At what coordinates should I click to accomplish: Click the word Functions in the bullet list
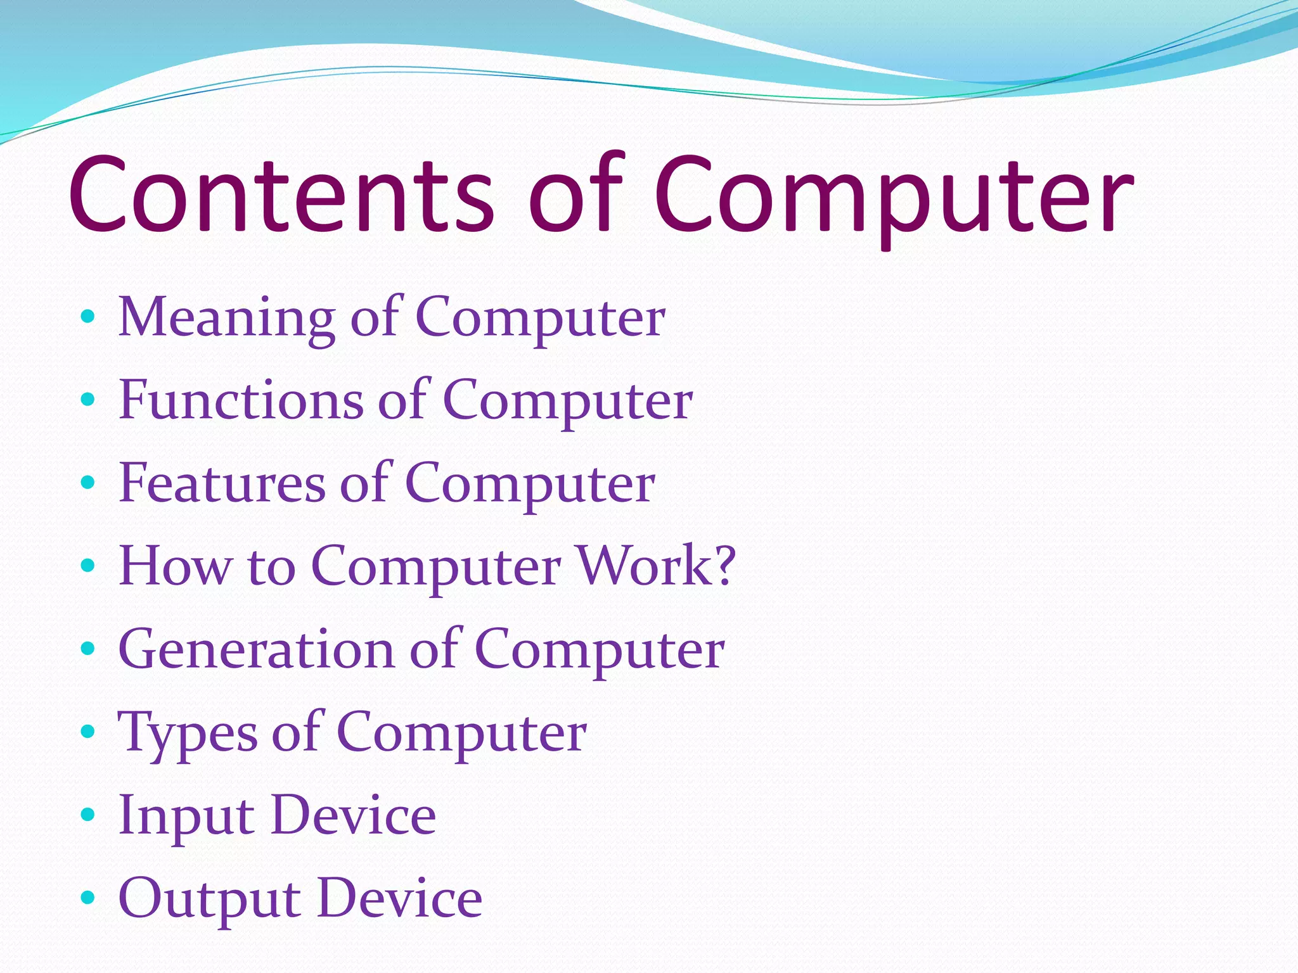tap(241, 400)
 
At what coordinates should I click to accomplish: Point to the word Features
tap(222, 483)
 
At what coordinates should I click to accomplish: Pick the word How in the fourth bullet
tap(175, 566)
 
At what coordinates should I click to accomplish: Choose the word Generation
tap(256, 649)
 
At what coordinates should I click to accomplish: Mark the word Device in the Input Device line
tap(354, 815)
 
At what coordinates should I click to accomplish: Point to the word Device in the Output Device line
tap(400, 898)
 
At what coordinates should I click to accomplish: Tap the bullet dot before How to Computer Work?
tap(88, 564)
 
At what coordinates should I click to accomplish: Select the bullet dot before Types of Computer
tap(88, 732)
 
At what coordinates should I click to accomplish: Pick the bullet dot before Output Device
tap(88, 898)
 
